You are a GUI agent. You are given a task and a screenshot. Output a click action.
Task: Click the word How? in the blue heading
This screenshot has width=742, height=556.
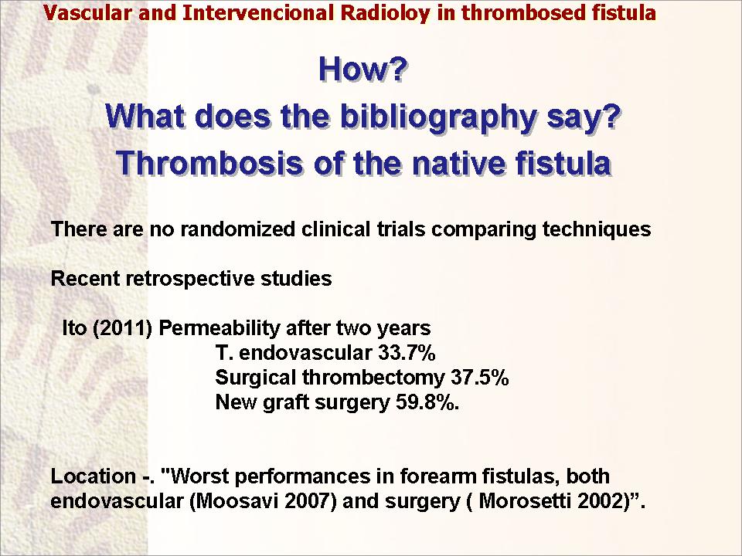362,69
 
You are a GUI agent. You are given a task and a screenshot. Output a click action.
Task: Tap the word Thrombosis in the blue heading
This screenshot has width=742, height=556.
209,163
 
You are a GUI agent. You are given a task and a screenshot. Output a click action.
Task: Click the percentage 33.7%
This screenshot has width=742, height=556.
407,353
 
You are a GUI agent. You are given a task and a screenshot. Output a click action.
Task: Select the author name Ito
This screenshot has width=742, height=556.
74,328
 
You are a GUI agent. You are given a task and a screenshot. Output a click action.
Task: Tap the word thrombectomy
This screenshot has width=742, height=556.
373,378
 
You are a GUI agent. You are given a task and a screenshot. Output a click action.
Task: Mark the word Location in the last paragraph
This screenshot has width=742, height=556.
94,476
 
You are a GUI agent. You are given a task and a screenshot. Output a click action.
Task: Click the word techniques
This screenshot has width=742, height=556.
596,229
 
